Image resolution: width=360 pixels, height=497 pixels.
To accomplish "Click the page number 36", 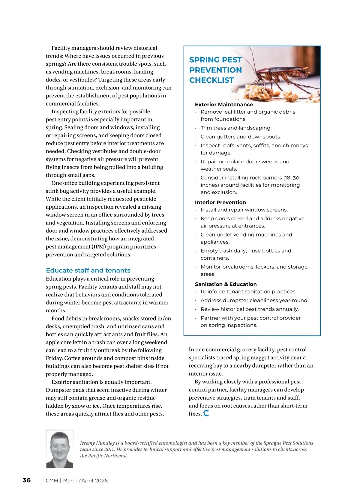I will pyautogui.click(x=27, y=480).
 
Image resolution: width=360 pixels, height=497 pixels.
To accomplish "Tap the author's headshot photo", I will pyautogui.click(x=59, y=449).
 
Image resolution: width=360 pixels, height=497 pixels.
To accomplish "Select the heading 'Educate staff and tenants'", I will pyautogui.click(x=88, y=270).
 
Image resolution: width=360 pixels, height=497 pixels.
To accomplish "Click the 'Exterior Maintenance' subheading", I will pyautogui.click(x=224, y=104).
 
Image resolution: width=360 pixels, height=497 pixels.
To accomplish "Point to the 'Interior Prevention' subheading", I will pyautogui.click(x=220, y=202).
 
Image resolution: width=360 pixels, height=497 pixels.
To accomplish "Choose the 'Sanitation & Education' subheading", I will pyautogui.click(x=226, y=284).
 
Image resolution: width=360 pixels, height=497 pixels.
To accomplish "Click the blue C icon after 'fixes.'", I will pyautogui.click(x=206, y=413).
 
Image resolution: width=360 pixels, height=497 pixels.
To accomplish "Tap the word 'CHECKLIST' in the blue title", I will pyautogui.click(x=211, y=80).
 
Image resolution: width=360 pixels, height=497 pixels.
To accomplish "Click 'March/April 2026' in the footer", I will pyautogui.click(x=85, y=481).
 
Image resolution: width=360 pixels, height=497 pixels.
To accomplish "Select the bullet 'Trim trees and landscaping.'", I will pyautogui.click(x=236, y=128).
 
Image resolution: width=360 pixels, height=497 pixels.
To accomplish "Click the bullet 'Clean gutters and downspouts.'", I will pyautogui.click(x=241, y=137).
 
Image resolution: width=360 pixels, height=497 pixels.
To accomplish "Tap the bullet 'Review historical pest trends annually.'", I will pyautogui.click(x=250, y=309).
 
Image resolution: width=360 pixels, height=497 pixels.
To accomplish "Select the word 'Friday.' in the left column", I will pyautogui.click(x=54, y=358).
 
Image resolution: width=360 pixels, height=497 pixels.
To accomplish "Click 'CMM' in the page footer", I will pyautogui.click(x=52, y=481).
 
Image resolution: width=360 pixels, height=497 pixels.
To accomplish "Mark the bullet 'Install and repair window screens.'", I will pyautogui.click(x=244, y=210).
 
